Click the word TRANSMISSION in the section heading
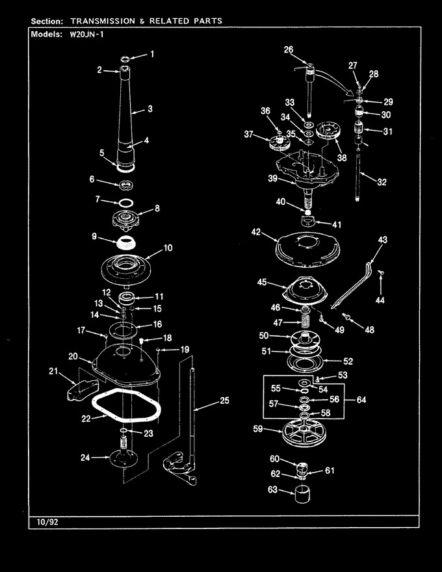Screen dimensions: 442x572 pyautogui.click(x=103, y=21)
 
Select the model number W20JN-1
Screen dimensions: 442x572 pyautogui.click(x=86, y=35)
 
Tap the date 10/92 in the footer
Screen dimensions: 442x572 pyautogui.click(x=47, y=522)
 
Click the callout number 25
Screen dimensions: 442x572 pyautogui.click(x=224, y=400)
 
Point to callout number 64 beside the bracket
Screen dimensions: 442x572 pyautogui.click(x=361, y=400)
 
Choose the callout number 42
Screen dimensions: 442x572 pyautogui.click(x=256, y=232)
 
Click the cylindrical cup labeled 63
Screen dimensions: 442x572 pyautogui.click(x=303, y=494)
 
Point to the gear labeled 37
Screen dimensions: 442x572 pyautogui.click(x=279, y=142)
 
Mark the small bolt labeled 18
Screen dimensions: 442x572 pyautogui.click(x=142, y=341)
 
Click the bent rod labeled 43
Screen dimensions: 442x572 pyautogui.click(x=352, y=285)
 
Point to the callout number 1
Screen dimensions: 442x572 pyautogui.click(x=152, y=55)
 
